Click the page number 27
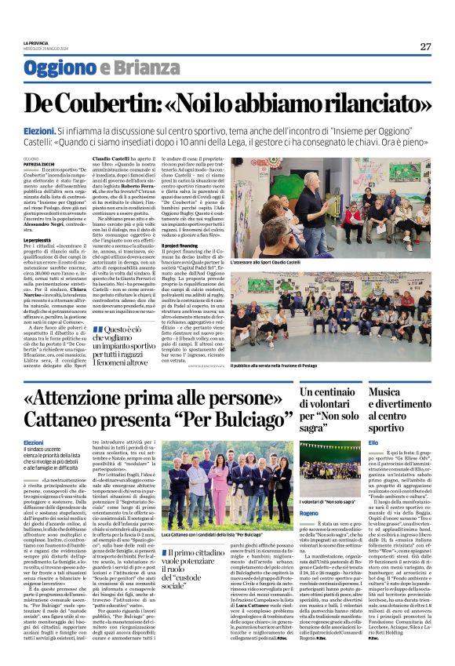[x=425, y=46]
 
